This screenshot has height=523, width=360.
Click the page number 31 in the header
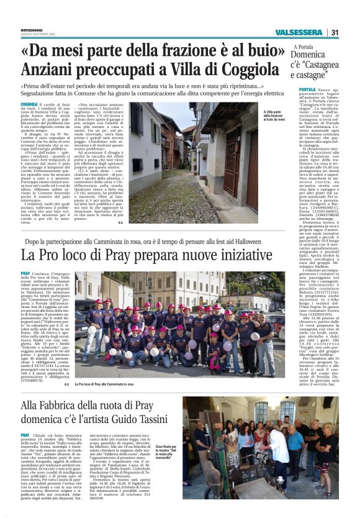[335, 32]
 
